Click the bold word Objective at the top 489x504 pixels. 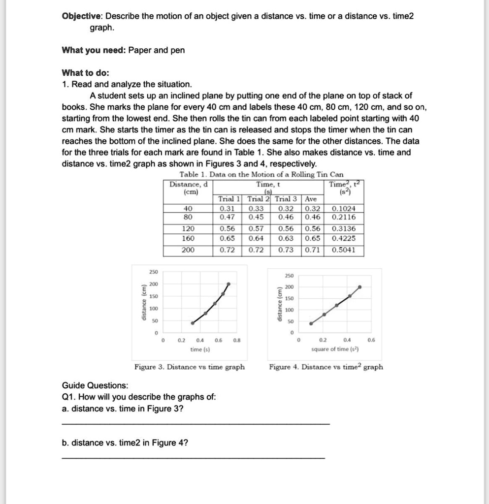tap(81, 16)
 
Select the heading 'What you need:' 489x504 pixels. tap(93, 50)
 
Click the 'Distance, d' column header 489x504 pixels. tap(189, 184)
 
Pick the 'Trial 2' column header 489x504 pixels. tap(258, 199)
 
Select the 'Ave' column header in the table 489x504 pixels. tap(311, 199)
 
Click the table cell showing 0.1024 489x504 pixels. tap(344, 209)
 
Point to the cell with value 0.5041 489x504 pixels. tap(344, 250)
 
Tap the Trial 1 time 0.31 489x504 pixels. tap(228, 209)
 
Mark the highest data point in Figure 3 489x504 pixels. tap(228, 284)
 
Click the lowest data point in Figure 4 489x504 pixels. tap(311, 323)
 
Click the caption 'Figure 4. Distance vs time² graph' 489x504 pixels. tap(326, 367)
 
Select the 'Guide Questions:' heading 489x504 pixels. tap(95, 385)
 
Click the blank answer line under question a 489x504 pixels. tap(196, 424)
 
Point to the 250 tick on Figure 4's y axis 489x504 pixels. tap(289, 276)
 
